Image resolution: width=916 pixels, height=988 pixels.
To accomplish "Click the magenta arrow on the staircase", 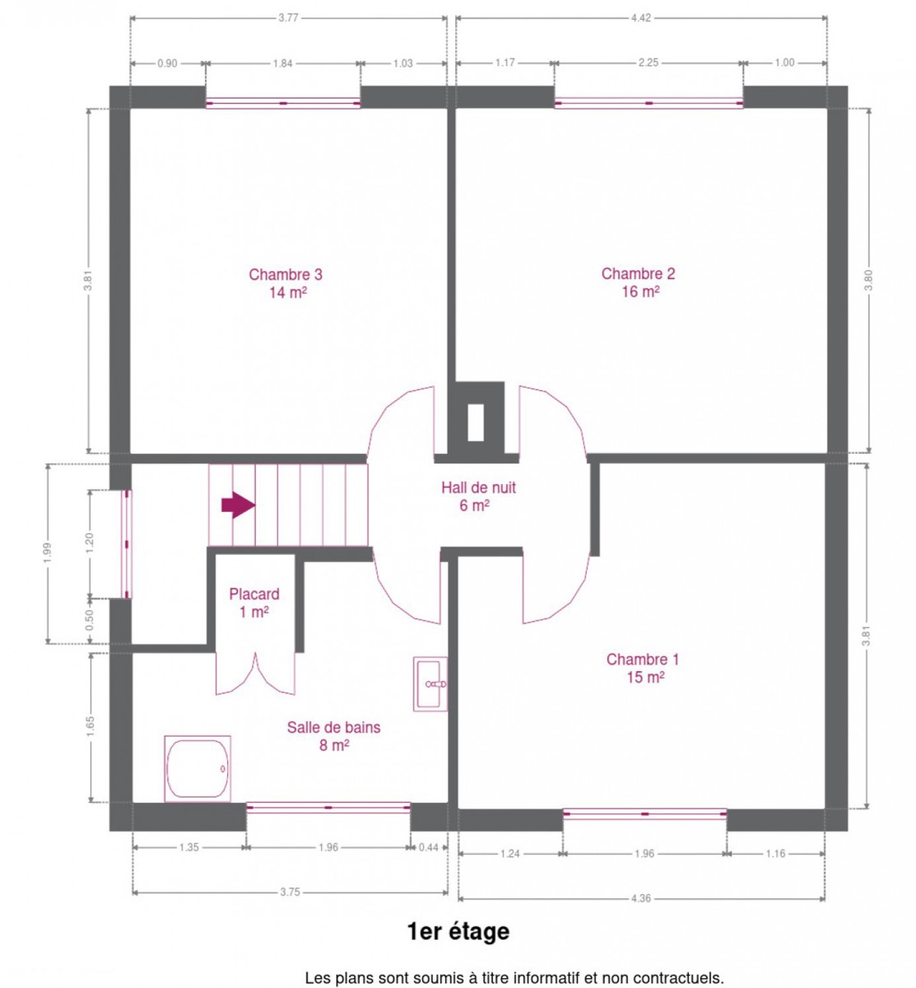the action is tap(238, 505).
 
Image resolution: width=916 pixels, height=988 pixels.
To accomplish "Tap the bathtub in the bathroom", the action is tap(198, 768).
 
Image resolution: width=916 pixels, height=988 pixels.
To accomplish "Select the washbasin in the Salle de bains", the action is tap(430, 683).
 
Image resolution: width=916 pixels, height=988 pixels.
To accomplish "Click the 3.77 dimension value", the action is tap(288, 18).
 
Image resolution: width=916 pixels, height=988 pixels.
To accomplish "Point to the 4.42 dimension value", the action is tap(640, 18).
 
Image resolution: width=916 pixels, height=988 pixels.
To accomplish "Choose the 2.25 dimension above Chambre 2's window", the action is tap(648, 63).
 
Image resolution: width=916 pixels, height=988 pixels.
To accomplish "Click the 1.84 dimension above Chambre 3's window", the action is tap(282, 63).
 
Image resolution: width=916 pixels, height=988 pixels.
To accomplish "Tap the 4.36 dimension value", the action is tap(640, 898).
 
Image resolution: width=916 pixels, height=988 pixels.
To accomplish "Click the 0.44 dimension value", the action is tap(428, 847).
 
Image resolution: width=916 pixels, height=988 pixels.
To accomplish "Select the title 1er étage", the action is tap(458, 931).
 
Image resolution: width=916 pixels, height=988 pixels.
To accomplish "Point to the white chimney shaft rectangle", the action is tap(476, 422).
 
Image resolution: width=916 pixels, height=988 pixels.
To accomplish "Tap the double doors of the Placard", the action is tap(255, 673).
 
